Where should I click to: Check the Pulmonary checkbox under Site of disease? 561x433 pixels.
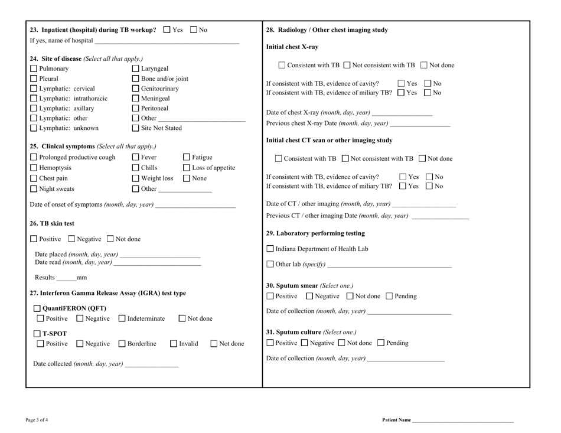pos(34,69)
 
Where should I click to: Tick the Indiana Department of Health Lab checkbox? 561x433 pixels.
pos(271,249)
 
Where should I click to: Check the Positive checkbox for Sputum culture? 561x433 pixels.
pos(271,343)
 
